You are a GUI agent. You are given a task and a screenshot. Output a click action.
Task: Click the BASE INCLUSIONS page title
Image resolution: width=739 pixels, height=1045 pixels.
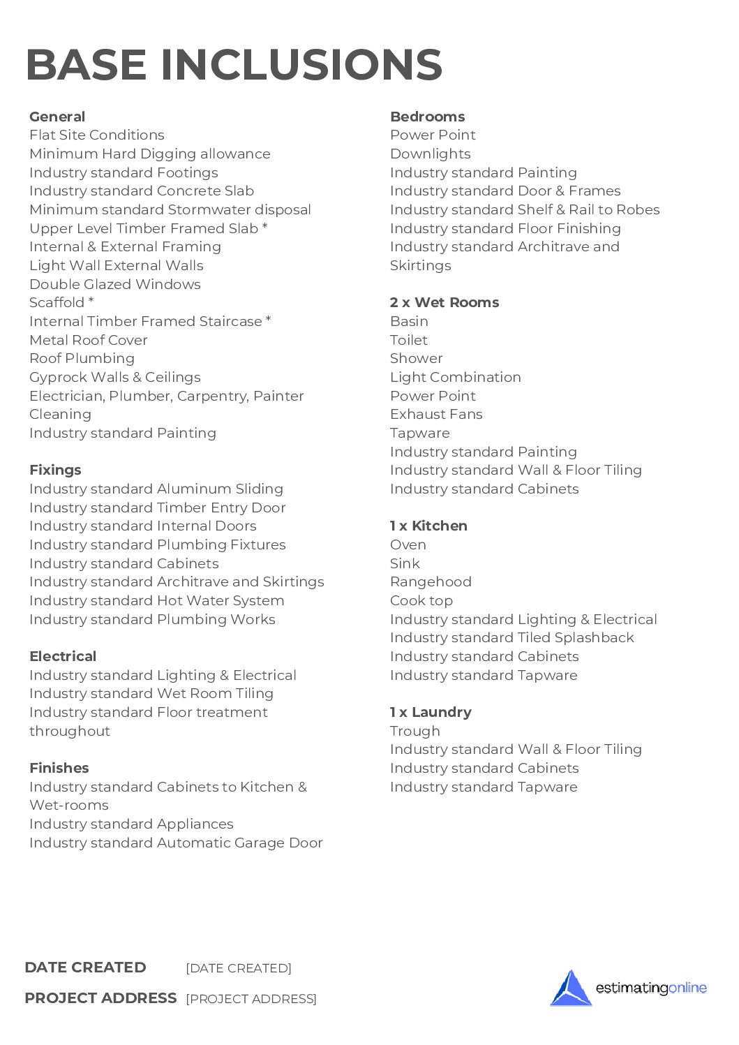234,65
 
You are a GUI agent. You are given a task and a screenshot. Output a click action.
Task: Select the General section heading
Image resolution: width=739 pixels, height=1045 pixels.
57,117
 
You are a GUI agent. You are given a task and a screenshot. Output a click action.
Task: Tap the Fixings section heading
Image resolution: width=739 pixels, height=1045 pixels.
55,470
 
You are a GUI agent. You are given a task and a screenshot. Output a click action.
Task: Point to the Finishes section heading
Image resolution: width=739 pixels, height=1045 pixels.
59,768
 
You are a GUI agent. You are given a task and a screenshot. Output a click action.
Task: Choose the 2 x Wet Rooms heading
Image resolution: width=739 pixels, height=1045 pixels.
445,302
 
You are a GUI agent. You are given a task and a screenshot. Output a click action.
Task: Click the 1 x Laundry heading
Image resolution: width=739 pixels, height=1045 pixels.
431,712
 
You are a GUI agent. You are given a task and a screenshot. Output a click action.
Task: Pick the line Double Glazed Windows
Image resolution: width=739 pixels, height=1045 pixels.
115,284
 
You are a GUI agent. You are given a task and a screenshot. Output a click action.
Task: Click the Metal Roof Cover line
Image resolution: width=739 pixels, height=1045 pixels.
89,340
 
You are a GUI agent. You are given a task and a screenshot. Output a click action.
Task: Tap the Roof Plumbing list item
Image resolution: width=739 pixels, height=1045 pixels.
82,358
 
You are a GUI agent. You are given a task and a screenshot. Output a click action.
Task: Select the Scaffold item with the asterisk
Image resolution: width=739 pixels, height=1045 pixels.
61,302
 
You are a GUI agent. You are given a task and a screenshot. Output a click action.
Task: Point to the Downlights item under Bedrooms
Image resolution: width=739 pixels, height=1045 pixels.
431,154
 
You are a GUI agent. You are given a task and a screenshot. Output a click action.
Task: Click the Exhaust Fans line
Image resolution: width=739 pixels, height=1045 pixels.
436,414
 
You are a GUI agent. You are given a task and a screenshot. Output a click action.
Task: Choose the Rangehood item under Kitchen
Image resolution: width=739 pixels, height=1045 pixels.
431,581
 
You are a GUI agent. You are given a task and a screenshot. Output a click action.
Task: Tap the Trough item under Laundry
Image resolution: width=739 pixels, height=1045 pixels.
415,731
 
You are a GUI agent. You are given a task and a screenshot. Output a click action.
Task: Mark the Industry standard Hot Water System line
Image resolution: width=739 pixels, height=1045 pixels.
157,600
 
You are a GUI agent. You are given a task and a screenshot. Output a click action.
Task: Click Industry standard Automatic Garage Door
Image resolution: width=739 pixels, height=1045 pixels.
176,843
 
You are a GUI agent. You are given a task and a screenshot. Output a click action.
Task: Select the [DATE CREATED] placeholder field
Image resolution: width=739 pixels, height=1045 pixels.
239,968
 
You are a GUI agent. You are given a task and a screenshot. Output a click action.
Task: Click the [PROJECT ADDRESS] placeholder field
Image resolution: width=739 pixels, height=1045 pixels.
251,999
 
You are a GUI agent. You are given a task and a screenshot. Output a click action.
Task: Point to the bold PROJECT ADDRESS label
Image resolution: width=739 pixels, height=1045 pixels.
100,998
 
